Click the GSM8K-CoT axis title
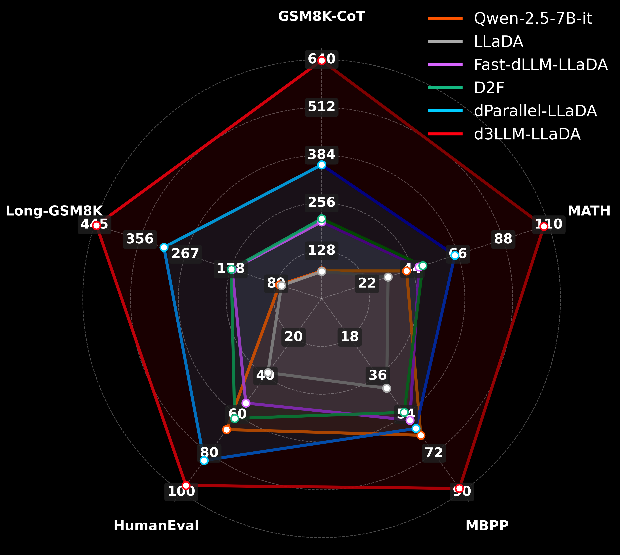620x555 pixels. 321,16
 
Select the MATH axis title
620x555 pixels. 589,211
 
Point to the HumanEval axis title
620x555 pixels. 156,526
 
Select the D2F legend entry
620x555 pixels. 489,88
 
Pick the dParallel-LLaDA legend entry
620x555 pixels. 535,111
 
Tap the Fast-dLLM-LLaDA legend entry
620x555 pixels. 540,65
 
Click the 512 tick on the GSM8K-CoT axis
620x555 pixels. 321,107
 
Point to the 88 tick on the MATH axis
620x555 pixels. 503,239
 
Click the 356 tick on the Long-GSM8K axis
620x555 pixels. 140,239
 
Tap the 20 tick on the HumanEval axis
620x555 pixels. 293,337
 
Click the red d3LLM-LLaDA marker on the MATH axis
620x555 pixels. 543,226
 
